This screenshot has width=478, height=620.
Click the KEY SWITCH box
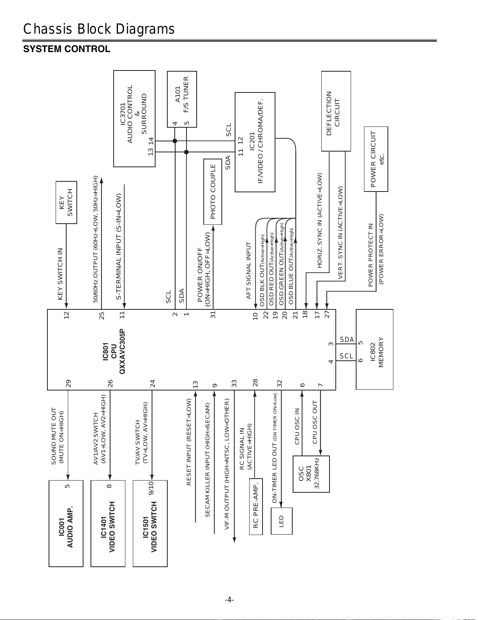[x=66, y=202]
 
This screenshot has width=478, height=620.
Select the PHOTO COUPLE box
[x=213, y=192]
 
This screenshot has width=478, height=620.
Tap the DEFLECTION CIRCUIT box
[x=336, y=111]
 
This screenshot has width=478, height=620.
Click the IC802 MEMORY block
[x=375, y=349]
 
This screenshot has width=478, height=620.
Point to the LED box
[x=281, y=521]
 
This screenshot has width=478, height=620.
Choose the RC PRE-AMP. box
[x=256, y=506]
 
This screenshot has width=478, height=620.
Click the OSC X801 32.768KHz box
[x=311, y=474]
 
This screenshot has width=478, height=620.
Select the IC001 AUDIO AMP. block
[x=66, y=523]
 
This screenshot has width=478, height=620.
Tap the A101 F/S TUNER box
[x=182, y=99]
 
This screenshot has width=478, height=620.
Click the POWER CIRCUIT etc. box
[x=376, y=159]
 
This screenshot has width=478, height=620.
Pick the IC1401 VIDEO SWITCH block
[x=108, y=523]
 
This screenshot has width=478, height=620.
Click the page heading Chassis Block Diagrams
[x=99, y=29]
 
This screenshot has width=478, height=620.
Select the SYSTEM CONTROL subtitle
[x=67, y=49]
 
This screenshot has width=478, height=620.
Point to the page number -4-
[x=229, y=600]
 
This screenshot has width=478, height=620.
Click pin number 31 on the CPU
[x=213, y=315]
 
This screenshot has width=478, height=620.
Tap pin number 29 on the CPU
[x=68, y=383]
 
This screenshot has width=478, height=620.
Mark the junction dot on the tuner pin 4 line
[x=175, y=141]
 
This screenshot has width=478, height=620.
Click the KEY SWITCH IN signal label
[x=60, y=274]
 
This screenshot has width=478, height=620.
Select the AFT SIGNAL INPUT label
[x=248, y=271]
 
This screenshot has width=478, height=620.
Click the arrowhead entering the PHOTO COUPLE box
[x=213, y=228]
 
